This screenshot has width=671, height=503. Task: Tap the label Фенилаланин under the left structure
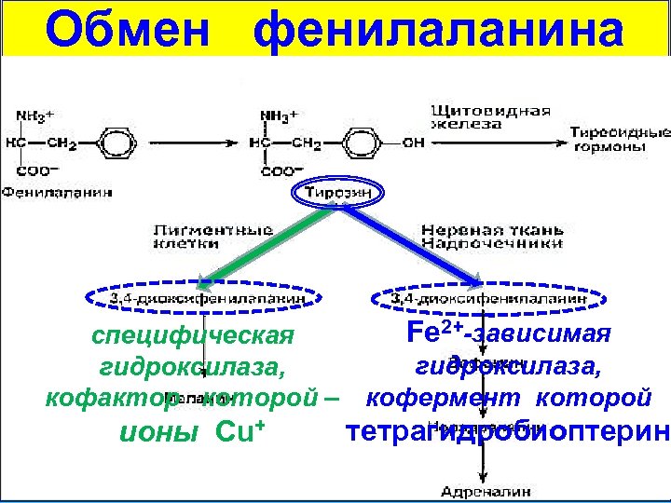[57, 193]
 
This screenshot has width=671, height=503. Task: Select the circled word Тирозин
[337, 192]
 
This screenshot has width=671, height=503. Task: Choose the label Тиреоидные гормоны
[619, 139]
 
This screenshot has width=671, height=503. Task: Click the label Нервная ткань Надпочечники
[491, 235]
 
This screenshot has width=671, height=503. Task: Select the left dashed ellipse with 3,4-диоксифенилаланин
[206, 298]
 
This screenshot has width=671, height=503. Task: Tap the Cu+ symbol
[242, 433]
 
